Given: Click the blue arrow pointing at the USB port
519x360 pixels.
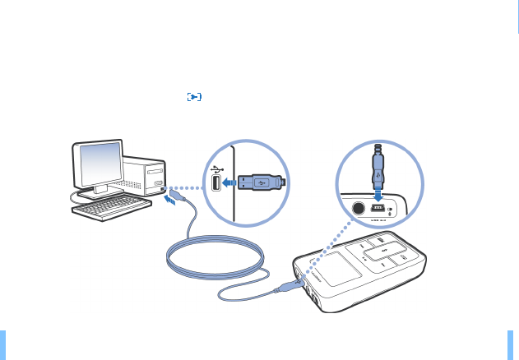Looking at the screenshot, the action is point(229,182).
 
